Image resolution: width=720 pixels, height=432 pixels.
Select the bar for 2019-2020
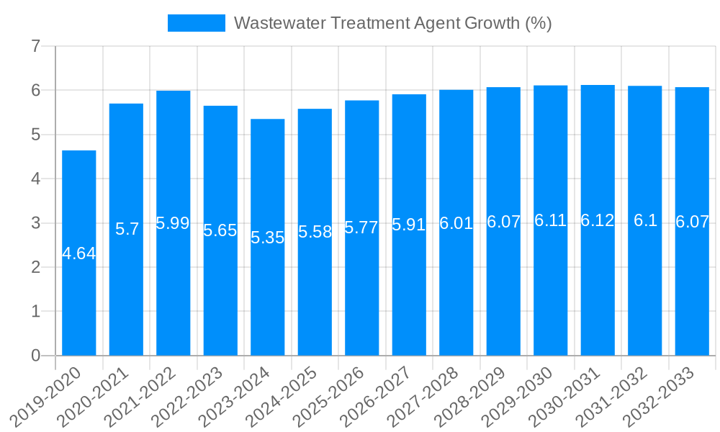(78, 253)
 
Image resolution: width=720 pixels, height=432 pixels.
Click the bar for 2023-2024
(268, 237)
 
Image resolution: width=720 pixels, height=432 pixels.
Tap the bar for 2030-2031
(598, 220)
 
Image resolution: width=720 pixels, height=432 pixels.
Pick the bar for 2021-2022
(173, 223)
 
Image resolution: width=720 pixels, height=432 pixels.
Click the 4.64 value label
(78, 253)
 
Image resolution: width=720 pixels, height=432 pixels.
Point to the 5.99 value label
(173, 223)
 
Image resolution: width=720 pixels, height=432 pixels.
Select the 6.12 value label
(598, 220)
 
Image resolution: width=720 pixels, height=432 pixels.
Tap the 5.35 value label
(268, 238)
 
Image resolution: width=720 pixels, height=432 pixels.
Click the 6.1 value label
(645, 220)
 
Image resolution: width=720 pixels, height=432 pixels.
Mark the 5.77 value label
(361, 228)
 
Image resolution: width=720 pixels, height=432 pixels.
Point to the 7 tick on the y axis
(35, 47)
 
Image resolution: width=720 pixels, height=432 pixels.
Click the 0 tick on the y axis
(35, 356)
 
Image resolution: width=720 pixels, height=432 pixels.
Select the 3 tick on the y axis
(35, 223)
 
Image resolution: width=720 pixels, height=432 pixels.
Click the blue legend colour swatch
(196, 23)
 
